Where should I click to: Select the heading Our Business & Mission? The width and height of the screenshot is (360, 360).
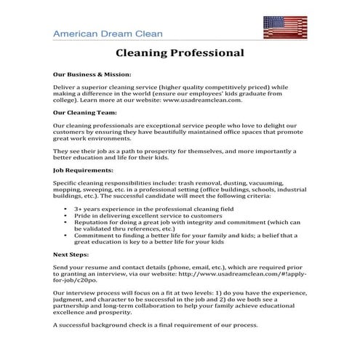[92, 74]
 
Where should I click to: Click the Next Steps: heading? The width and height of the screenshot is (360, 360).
[71, 256]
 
